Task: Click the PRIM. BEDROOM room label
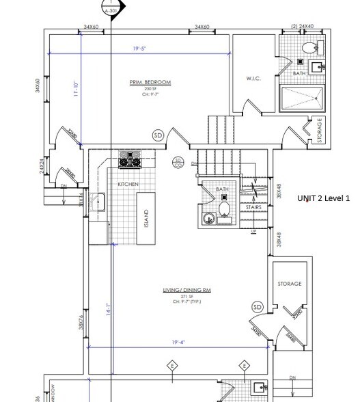tap(150, 82)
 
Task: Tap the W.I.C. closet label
tap(253, 78)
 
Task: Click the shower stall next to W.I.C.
tap(301, 99)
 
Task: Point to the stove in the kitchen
tap(128, 159)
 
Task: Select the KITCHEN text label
tap(128, 185)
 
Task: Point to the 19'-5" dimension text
tap(141, 49)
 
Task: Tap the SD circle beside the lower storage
tap(258, 307)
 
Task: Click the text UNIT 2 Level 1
tap(323, 198)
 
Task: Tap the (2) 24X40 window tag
tap(302, 27)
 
